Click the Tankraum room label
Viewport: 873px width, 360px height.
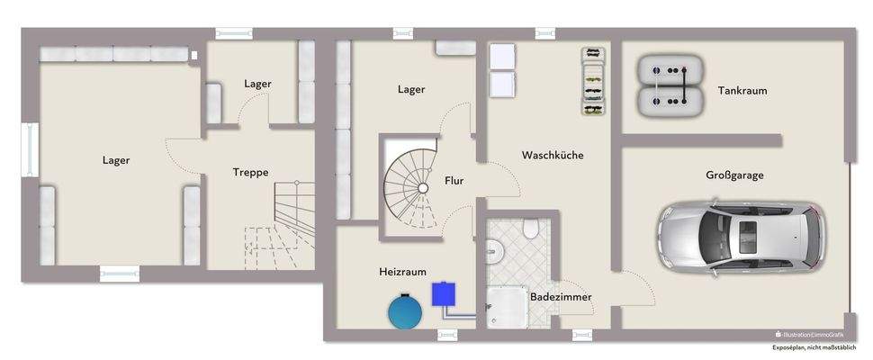click(x=742, y=90)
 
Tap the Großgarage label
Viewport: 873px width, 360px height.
click(x=734, y=175)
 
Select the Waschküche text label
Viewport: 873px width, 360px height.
click(x=553, y=155)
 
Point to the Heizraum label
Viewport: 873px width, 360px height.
click(x=402, y=271)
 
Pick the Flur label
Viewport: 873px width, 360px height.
click(x=454, y=181)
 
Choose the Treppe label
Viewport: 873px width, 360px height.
click(x=251, y=172)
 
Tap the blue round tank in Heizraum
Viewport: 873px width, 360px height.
click(x=406, y=311)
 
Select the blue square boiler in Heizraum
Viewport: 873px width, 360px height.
click(x=443, y=293)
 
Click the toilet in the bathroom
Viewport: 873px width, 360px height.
click(x=532, y=229)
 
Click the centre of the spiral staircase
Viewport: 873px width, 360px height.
click(x=422, y=188)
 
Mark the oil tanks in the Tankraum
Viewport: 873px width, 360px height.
click(x=670, y=86)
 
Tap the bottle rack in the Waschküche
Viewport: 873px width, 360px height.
click(x=592, y=81)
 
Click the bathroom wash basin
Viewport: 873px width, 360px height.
click(x=491, y=253)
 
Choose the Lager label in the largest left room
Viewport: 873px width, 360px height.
click(x=116, y=160)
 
